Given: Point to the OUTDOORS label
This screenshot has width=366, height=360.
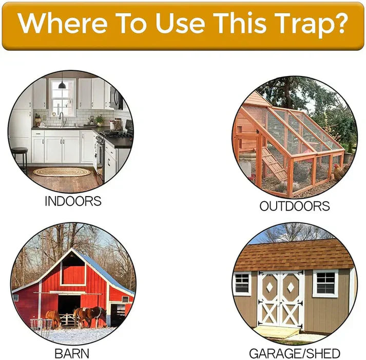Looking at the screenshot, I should (294, 206).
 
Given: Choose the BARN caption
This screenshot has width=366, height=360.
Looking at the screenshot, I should (72, 353).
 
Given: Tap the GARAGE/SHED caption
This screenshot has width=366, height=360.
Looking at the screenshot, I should (294, 353).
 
